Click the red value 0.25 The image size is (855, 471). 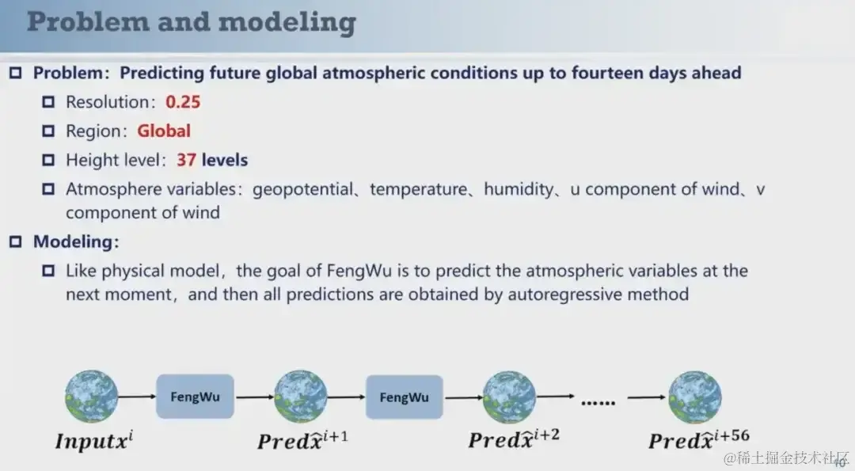183,102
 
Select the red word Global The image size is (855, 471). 164,131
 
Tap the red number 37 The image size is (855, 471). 187,160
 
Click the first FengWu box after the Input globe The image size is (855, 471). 196,397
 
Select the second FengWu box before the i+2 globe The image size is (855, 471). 404,397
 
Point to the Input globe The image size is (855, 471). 91,397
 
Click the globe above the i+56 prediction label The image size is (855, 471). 695,397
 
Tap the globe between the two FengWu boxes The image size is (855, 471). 301,397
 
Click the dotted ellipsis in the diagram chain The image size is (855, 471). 598,403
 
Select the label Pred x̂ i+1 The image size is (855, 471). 302,440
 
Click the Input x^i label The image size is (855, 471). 94,440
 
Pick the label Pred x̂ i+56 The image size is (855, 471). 699,439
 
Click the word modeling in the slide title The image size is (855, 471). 287,22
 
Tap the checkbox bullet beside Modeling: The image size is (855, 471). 16,241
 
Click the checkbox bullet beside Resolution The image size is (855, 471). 48,102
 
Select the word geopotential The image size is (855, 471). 302,190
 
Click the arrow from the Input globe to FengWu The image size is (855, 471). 137,397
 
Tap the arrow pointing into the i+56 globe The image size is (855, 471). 647,397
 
